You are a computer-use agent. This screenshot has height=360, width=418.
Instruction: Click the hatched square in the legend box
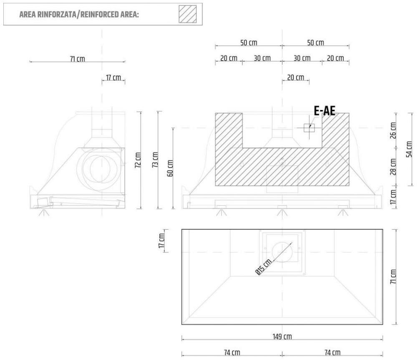(x=188, y=14)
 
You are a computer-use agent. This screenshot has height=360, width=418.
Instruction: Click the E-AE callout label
(x=325, y=111)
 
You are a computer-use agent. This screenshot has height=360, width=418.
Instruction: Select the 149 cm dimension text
(x=282, y=337)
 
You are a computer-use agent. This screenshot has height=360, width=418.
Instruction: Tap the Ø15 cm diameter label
(x=264, y=267)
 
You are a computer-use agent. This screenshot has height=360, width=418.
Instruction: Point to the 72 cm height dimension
(x=138, y=160)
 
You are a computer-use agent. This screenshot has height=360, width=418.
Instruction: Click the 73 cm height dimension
(x=155, y=160)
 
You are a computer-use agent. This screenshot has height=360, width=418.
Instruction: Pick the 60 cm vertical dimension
(x=170, y=168)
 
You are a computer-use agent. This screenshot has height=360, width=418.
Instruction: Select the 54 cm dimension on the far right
(x=409, y=149)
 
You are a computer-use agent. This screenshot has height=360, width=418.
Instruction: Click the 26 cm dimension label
(x=393, y=130)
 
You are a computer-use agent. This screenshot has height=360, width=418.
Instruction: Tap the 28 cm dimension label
(x=393, y=167)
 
